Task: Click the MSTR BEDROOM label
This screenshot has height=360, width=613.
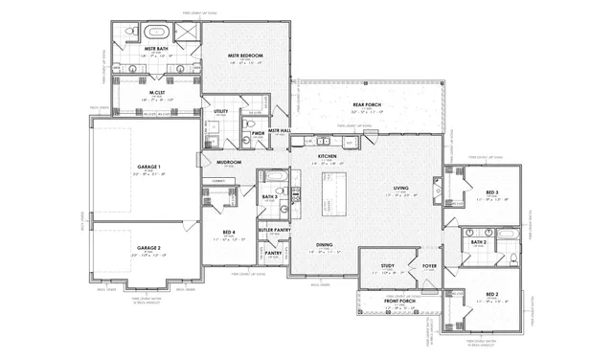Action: [x=246, y=56]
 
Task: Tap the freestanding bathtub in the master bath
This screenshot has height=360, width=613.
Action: [x=153, y=32]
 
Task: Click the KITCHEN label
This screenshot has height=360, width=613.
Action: [x=327, y=155]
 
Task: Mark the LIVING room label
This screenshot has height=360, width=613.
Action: [x=400, y=188]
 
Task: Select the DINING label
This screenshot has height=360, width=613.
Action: [x=325, y=245]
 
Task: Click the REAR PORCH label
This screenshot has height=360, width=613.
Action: [x=367, y=104]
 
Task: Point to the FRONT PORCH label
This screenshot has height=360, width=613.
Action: [x=398, y=301]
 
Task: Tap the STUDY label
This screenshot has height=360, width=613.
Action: [x=387, y=265]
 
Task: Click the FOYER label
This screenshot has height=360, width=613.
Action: [x=429, y=265]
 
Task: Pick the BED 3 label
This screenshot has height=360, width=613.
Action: [x=490, y=192]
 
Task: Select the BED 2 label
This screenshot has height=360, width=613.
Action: [x=490, y=294]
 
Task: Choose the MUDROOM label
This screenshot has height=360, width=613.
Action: [x=229, y=162]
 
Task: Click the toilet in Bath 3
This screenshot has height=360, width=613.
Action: [x=284, y=191]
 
